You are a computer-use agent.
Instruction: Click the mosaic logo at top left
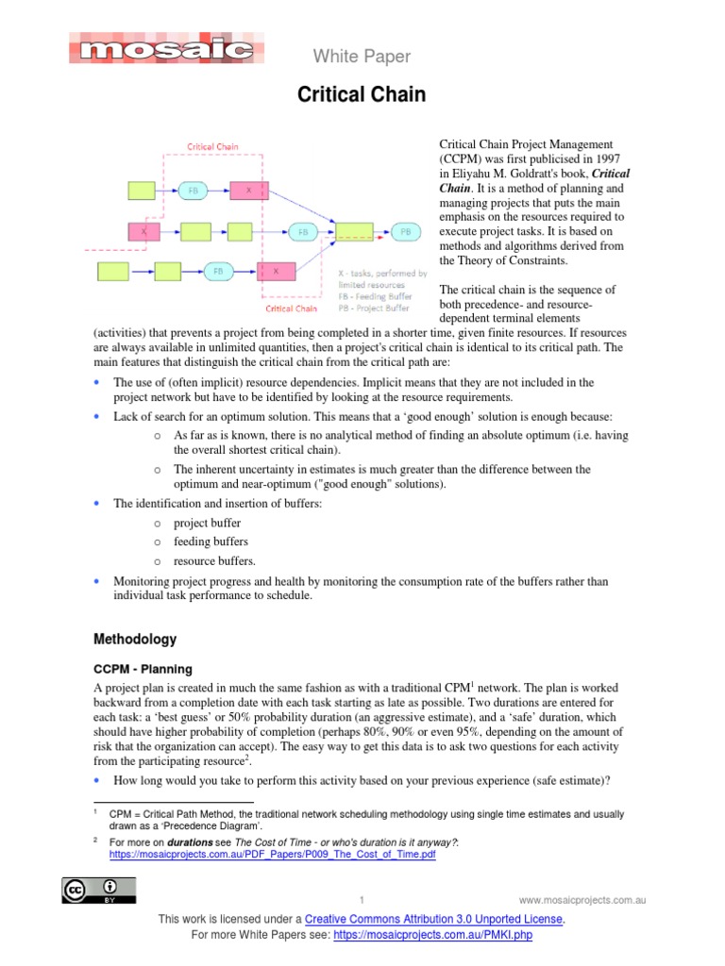click(x=166, y=48)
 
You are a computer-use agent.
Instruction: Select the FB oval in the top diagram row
click(x=194, y=190)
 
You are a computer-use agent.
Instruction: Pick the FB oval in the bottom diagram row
click(x=218, y=271)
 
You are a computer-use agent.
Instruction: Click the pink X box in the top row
click(x=249, y=190)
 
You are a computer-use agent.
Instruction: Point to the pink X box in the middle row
click(x=144, y=231)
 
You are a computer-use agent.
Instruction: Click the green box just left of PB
click(x=355, y=231)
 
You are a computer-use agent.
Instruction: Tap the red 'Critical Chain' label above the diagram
click(x=213, y=147)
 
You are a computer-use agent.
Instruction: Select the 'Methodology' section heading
click(x=135, y=639)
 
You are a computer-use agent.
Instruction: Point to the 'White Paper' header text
click(x=362, y=57)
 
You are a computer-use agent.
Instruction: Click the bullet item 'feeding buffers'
click(x=211, y=541)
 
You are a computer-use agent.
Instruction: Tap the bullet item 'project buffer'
click(x=207, y=523)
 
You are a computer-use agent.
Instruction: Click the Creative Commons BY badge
click(x=99, y=890)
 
